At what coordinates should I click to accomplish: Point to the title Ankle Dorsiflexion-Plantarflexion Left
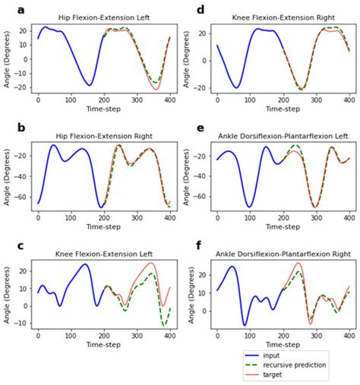[282, 137]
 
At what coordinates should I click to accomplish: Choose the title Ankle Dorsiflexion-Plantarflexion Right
[282, 255]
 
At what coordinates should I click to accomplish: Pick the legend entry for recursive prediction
[309, 365]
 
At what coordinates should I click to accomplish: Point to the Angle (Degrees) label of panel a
[8, 61]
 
